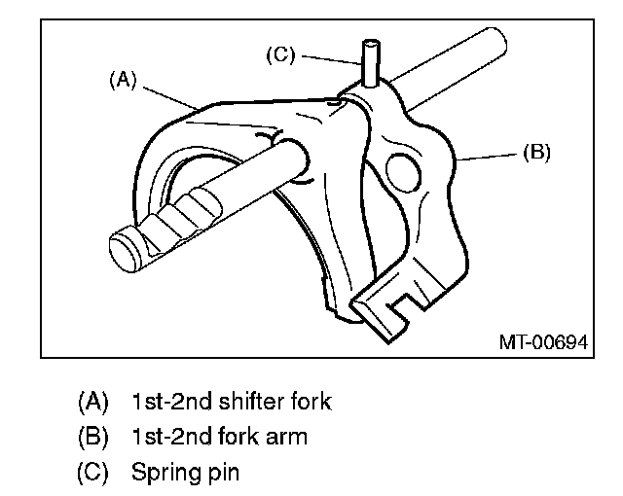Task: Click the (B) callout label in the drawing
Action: point(535,153)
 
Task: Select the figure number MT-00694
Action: point(545,343)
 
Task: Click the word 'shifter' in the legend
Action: point(231,400)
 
